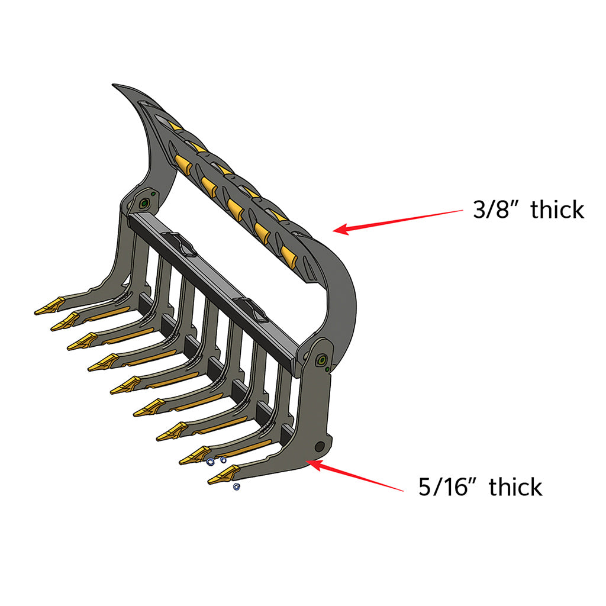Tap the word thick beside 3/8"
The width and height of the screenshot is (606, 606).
pos(557,209)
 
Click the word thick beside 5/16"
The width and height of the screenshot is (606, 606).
pos(515,486)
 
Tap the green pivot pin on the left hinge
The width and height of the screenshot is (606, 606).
pos(144,204)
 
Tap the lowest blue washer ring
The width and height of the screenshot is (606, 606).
pos(236,486)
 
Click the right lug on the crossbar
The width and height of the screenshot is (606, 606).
pos(252,307)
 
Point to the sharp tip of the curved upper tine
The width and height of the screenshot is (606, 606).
pos(114,86)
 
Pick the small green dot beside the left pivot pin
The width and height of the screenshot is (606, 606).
pos(153,193)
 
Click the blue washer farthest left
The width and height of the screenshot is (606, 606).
pos(209,462)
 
